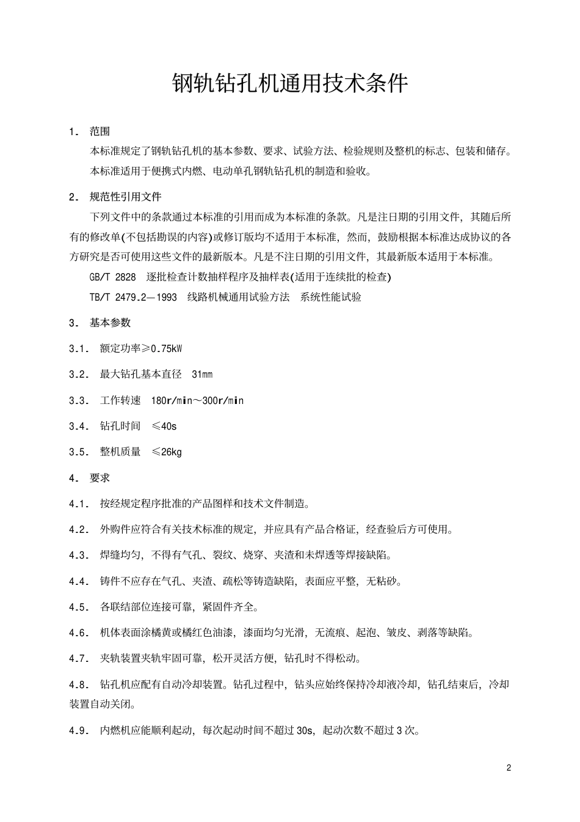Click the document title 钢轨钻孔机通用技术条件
click(x=290, y=84)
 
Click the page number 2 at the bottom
click(x=509, y=768)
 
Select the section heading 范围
click(x=100, y=131)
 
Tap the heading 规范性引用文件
click(x=125, y=197)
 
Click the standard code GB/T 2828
click(x=113, y=277)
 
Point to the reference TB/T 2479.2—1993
click(x=133, y=297)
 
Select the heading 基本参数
click(x=110, y=323)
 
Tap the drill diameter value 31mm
click(x=202, y=375)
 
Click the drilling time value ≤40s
click(x=164, y=426)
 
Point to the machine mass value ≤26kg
click(x=167, y=452)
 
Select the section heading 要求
click(x=100, y=478)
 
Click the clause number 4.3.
click(x=79, y=556)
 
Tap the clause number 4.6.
click(x=79, y=633)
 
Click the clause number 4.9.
click(x=79, y=730)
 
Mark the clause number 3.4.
click(x=79, y=426)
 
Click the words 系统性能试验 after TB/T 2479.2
click(x=330, y=297)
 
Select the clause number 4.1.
click(x=79, y=504)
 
